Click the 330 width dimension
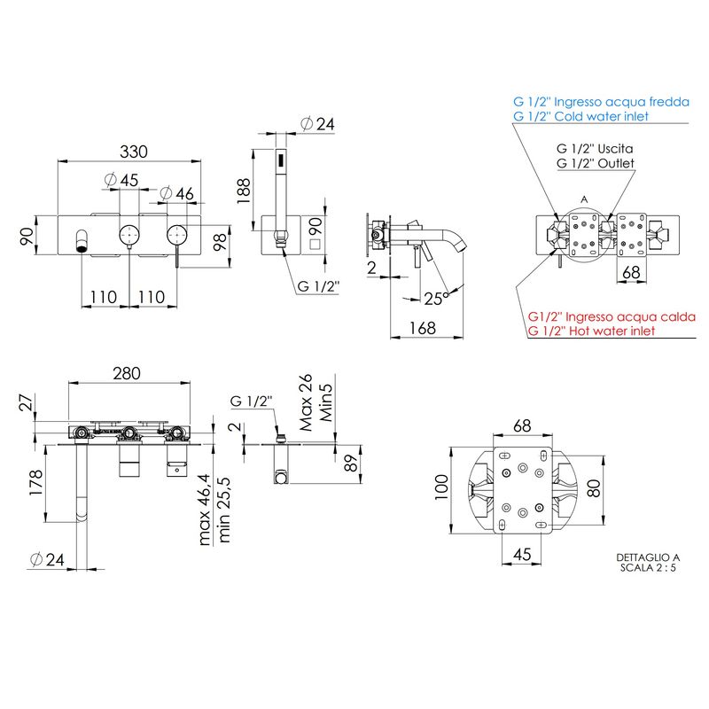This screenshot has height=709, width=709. (134, 152)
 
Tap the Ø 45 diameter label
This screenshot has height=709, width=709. (121, 180)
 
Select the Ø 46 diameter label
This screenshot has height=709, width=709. (176, 193)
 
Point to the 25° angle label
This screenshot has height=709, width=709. (436, 299)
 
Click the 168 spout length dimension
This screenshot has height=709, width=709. (423, 328)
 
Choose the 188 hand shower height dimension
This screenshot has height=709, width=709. (244, 191)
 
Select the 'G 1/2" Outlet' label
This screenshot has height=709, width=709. (596, 163)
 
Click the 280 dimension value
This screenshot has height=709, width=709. (127, 373)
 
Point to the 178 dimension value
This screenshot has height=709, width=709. (35, 482)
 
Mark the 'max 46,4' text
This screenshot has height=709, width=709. (205, 510)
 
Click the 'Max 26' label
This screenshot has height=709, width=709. (306, 402)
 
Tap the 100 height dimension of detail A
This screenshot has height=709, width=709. (441, 487)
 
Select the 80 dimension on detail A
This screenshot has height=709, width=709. (594, 488)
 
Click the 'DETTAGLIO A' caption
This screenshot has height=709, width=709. (648, 558)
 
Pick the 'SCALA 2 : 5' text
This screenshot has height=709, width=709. (648, 568)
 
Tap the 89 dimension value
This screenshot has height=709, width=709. (350, 464)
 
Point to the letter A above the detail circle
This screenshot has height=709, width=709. (584, 199)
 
